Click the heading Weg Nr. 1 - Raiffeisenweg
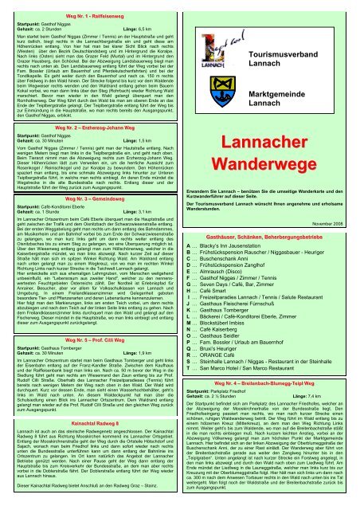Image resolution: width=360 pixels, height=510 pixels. click(x=91, y=8)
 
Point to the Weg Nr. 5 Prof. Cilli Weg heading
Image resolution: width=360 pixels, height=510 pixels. click(x=91, y=382)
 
